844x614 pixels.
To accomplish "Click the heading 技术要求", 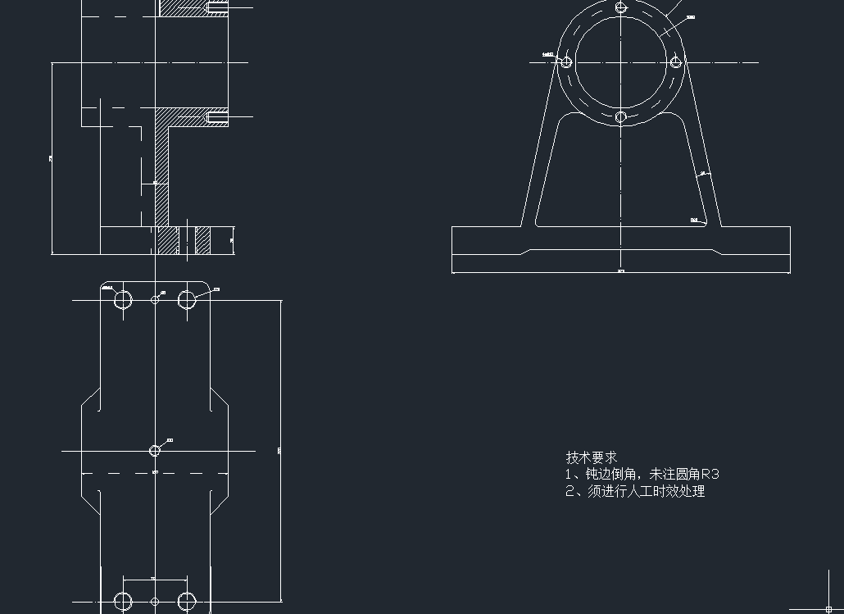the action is (591, 457).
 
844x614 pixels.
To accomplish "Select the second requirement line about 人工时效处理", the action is (635, 492).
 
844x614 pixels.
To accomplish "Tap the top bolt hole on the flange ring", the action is (621, 7).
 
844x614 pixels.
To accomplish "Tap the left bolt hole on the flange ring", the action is (565, 61).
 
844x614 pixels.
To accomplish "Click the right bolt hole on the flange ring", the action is (676, 61).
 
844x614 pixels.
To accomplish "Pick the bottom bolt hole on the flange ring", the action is (621, 117).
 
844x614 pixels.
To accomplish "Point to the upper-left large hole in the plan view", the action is (124, 300).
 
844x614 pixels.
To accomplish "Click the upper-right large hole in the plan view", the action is (187, 300).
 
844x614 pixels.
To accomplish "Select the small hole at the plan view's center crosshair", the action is (155, 450).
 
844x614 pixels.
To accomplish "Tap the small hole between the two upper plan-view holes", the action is (155, 300).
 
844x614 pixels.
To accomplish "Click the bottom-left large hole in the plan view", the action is (124, 602).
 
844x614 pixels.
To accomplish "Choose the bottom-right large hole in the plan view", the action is (187, 602).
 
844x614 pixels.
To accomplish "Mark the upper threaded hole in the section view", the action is (217, 7).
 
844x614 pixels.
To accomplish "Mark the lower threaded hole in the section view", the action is (217, 118).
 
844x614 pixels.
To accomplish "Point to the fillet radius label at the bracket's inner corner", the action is (695, 220).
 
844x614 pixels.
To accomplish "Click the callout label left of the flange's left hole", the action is (548, 55).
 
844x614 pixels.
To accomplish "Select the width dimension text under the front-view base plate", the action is (620, 271).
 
